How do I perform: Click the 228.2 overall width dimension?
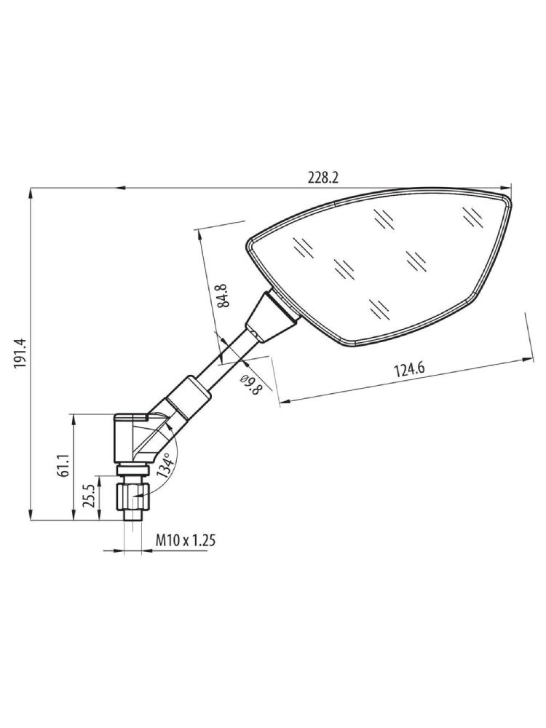(323, 178)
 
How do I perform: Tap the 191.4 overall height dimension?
(21, 353)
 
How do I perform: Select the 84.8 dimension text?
(224, 295)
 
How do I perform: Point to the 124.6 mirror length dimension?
(409, 370)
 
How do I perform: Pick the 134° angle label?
(166, 464)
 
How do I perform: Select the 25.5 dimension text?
(90, 496)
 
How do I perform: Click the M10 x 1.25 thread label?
(185, 540)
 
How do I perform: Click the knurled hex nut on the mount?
(132, 496)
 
